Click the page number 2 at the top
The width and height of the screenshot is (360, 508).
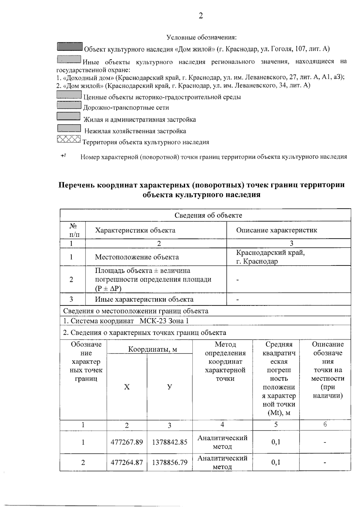coord(201,16)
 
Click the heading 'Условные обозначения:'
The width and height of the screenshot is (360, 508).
coord(202,37)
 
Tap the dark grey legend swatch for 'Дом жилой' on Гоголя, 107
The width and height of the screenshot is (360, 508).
coord(70,47)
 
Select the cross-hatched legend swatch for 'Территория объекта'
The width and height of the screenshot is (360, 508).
coord(69,139)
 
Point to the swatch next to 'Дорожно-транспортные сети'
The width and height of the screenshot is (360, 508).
coord(69,105)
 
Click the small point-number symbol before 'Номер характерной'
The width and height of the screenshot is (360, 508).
coord(63,156)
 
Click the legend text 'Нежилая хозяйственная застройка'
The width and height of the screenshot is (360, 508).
coord(135,131)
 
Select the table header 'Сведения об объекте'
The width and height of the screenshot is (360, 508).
coord(208,215)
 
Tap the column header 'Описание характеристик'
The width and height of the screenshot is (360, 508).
coord(276,230)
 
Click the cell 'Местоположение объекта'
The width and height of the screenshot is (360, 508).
coord(137,257)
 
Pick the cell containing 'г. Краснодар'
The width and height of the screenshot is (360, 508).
coord(257,261)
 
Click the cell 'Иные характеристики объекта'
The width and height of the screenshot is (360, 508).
coord(144,299)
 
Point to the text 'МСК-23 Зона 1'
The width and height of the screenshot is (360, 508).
coord(164,321)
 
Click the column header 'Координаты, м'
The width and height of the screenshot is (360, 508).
coord(152,349)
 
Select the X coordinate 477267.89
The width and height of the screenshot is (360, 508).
coord(127,442)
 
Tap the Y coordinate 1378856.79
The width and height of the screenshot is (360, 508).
coord(169,462)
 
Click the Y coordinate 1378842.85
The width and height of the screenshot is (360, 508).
coord(169,442)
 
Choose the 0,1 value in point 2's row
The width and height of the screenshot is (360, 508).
coord(276,462)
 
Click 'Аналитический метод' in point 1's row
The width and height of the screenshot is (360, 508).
coord(222,442)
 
